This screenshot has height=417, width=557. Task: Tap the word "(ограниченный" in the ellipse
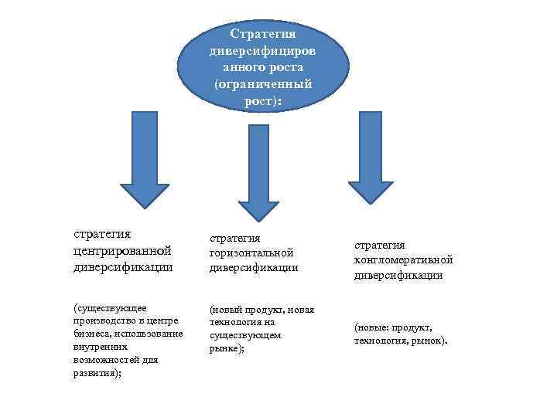point(258,83)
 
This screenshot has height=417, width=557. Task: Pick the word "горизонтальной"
point(251,253)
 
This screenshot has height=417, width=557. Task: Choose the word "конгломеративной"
point(403,259)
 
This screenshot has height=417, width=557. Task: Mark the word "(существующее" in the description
point(109,307)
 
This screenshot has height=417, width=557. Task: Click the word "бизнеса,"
point(91,334)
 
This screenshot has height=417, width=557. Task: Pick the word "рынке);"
point(227,349)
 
